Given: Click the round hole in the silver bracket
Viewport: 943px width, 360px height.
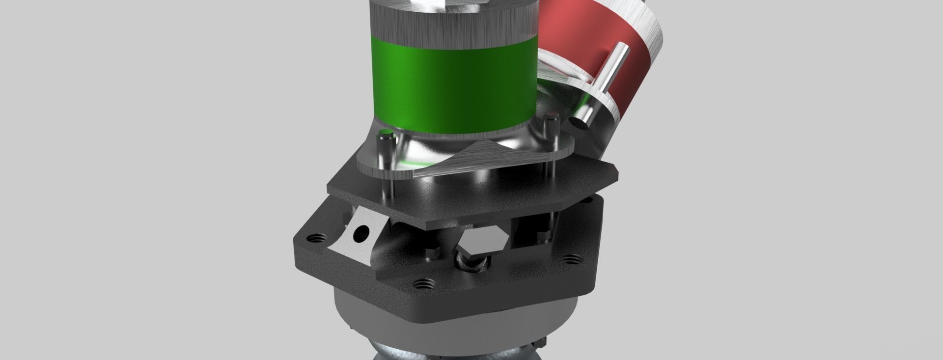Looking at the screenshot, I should [363, 232].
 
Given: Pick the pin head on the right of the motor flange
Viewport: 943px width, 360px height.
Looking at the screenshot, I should [552, 117].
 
